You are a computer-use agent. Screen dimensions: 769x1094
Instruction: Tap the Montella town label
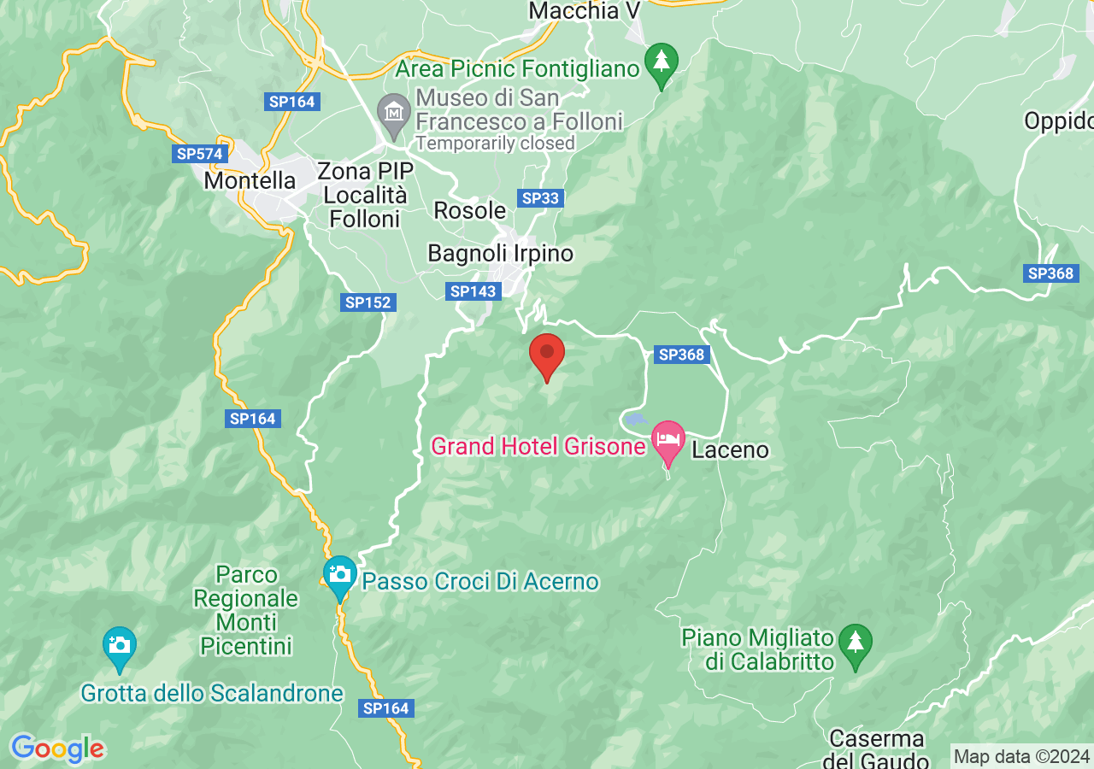(x=250, y=181)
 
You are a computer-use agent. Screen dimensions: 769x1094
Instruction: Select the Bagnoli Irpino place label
(x=500, y=254)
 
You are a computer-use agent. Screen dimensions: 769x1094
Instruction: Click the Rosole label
(x=470, y=210)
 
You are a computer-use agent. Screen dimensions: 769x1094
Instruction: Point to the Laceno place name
(x=730, y=449)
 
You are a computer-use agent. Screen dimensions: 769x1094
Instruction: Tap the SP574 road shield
(x=198, y=154)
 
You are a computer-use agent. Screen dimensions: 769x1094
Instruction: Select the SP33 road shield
(x=540, y=198)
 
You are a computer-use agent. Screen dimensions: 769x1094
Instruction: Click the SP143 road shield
(x=473, y=291)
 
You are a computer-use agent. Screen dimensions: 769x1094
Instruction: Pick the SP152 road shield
(x=368, y=302)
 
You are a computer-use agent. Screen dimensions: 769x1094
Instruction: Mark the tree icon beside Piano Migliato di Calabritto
(x=855, y=642)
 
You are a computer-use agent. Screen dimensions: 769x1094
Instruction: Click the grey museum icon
(x=394, y=113)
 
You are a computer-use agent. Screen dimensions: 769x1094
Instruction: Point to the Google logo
(x=56, y=749)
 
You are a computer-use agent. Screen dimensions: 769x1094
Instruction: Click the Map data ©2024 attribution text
(x=1021, y=756)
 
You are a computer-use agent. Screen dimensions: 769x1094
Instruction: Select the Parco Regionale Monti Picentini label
(x=246, y=610)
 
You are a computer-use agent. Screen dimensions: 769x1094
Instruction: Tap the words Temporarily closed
(x=495, y=144)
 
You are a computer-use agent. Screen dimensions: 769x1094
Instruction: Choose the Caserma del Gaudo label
(x=877, y=749)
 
